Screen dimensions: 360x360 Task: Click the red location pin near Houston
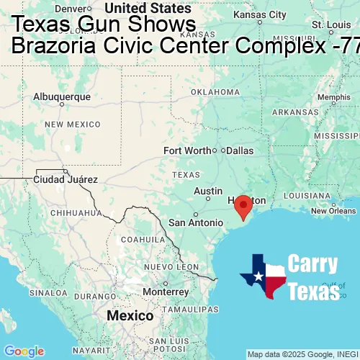[x=243, y=205]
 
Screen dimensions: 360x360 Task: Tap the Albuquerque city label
[x=63, y=96]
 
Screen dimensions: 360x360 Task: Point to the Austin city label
[x=208, y=192]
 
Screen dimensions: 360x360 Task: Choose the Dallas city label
[x=239, y=150]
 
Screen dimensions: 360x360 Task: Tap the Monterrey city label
[x=165, y=292]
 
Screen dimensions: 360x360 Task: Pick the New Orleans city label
[x=333, y=211]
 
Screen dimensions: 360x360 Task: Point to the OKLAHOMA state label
[x=215, y=92]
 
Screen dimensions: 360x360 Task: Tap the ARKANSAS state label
[x=294, y=112]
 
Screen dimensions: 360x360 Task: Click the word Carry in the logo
[x=312, y=264]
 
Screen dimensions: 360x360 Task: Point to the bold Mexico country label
[x=130, y=316]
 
